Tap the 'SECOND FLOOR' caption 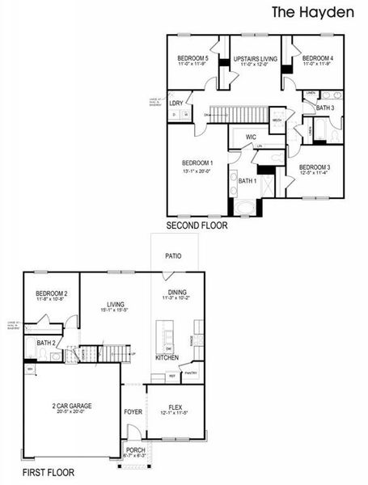click(x=197, y=226)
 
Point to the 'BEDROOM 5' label click(x=193, y=59)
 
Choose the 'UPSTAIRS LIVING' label click(x=255, y=59)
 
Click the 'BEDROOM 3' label click(x=314, y=167)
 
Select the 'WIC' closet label click(x=251, y=138)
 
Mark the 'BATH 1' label click(x=247, y=181)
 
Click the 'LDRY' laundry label click(x=176, y=103)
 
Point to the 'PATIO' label click(x=173, y=256)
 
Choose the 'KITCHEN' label click(x=167, y=357)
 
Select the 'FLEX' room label click(x=175, y=407)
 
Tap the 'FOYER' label click(x=133, y=412)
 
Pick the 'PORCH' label click(x=134, y=451)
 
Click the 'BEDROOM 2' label click(x=51, y=294)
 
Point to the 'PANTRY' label click(x=191, y=373)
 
